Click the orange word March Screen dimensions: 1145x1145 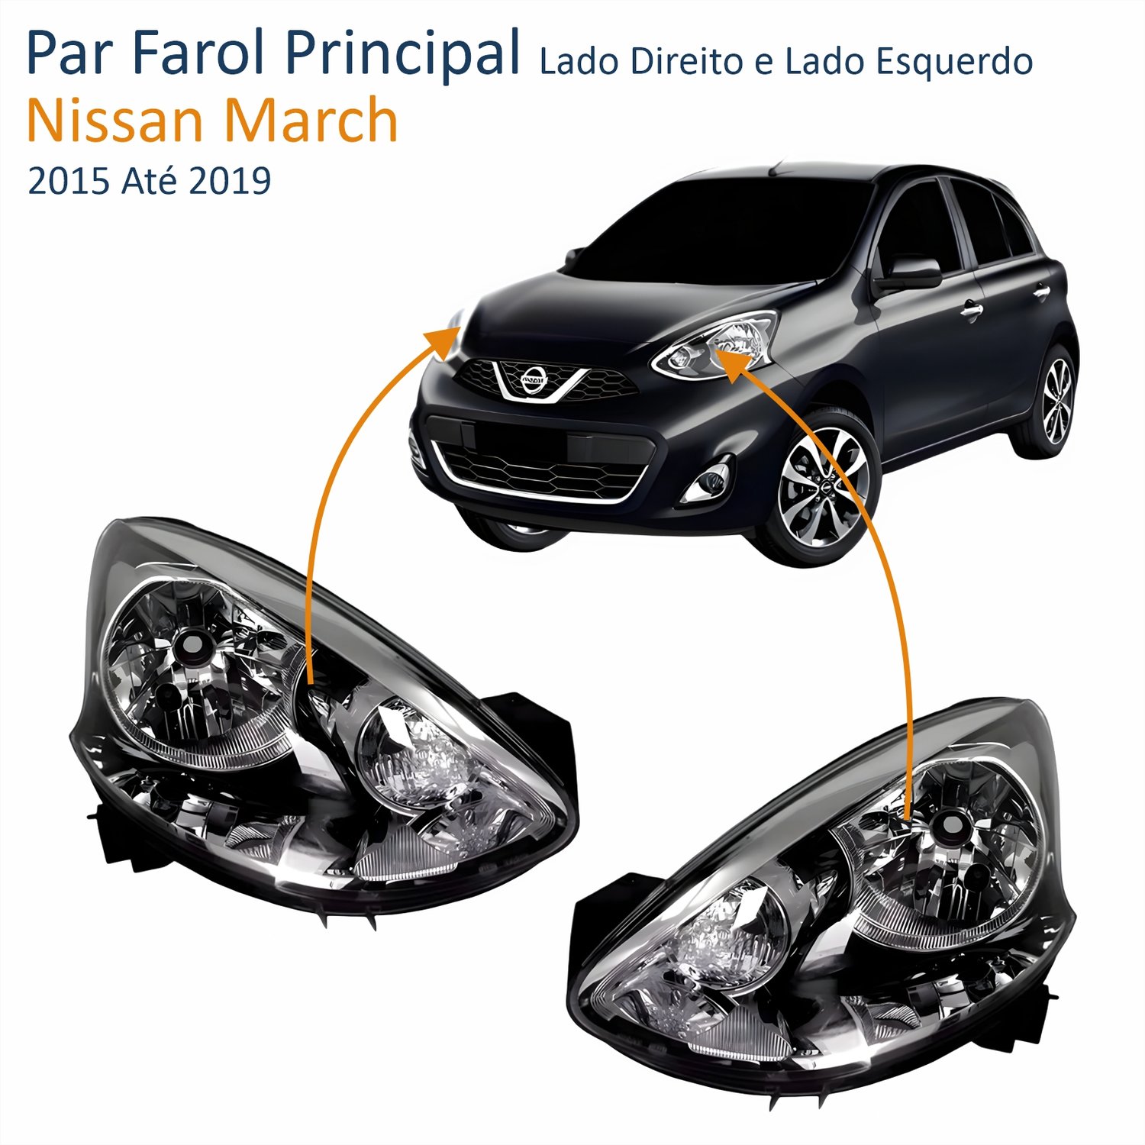tap(310, 119)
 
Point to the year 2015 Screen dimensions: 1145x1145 tap(69, 182)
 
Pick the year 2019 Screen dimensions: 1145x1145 tap(230, 182)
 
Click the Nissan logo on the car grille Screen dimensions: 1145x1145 tap(534, 379)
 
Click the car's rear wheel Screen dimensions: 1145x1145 tap(1055, 400)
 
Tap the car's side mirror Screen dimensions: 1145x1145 tap(907, 273)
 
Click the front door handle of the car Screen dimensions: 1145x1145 tap(971, 308)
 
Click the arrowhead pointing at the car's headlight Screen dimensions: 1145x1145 tap(731, 361)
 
